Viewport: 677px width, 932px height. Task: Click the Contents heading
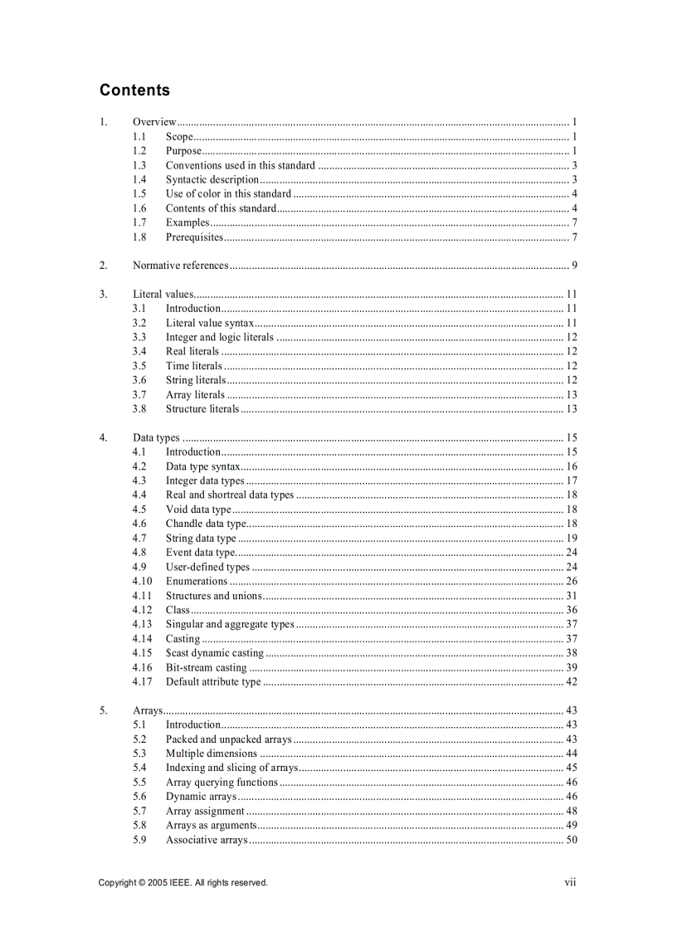[134, 90]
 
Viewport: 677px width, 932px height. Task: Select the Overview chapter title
[154, 122]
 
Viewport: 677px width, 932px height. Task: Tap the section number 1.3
[139, 165]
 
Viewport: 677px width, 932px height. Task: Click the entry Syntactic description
[212, 179]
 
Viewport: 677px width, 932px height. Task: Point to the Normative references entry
[180, 266]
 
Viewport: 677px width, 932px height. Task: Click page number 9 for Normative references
[574, 266]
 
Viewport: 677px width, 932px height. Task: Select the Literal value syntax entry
[210, 323]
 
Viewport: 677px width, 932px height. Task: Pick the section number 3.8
[139, 409]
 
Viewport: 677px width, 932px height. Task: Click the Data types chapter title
[156, 437]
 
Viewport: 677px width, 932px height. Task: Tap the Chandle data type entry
[206, 524]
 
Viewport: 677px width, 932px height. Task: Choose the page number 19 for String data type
[572, 538]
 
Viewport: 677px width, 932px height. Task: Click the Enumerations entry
[197, 581]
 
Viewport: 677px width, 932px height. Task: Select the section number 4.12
[142, 610]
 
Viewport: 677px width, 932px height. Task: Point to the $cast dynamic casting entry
[214, 653]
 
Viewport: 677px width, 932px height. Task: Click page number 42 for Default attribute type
[572, 682]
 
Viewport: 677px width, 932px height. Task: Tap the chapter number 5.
[103, 710]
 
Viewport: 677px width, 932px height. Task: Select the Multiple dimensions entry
[212, 754]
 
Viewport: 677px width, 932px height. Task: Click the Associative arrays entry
[207, 840]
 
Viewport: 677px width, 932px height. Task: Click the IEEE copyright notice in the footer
[183, 882]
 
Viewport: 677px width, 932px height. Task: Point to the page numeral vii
[570, 882]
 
